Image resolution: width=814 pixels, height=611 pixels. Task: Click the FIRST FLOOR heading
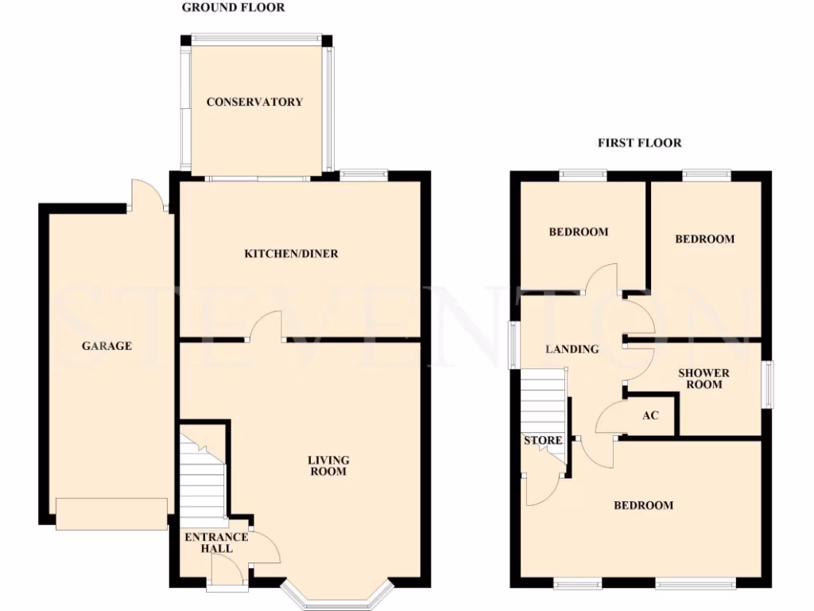point(639,143)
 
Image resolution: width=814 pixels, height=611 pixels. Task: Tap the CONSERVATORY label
point(254,102)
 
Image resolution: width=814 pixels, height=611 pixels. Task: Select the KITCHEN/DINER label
point(291,254)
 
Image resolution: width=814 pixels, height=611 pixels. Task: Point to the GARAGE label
point(106,346)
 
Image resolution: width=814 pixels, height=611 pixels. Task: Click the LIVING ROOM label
point(329,465)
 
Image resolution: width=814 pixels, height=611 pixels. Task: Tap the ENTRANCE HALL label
point(216,543)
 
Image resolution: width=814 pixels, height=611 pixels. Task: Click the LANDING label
point(572,349)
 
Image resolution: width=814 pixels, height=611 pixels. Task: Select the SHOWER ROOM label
point(704,379)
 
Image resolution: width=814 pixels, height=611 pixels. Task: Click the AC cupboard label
point(650,415)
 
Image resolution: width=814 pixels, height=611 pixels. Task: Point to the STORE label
point(543,441)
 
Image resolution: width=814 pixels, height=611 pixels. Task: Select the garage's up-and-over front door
point(111,513)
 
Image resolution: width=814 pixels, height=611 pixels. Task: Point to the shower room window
point(768,385)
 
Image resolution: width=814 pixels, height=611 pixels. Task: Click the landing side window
point(514,345)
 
